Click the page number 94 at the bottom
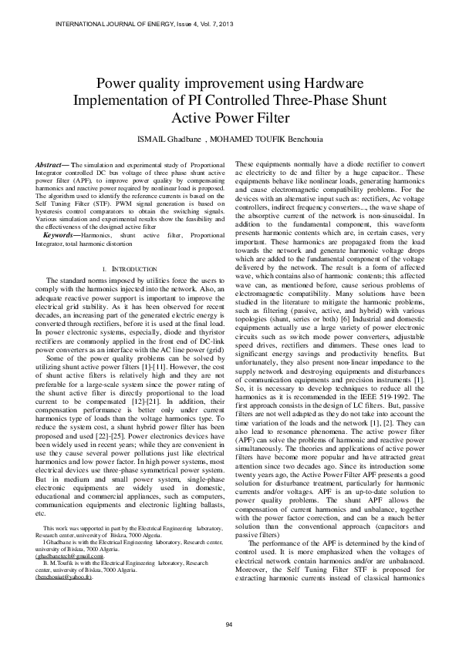[229, 624]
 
